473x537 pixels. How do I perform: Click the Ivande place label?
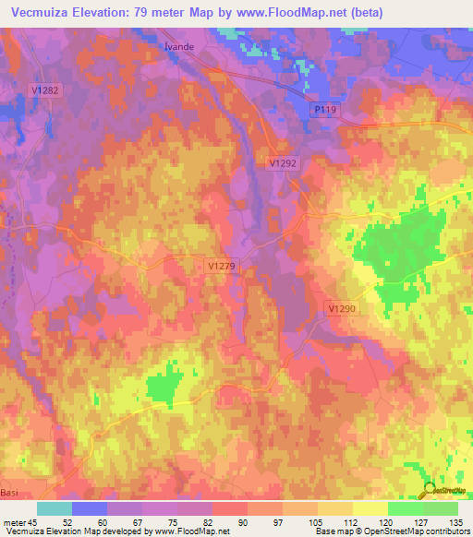pyautogui.click(x=176, y=52)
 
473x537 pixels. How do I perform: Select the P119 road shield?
pyautogui.click(x=321, y=110)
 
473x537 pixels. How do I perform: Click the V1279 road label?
pyautogui.click(x=221, y=266)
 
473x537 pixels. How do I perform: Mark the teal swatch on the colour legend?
pyautogui.click(x=55, y=508)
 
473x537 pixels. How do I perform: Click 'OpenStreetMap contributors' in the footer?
pyautogui.click(x=421, y=531)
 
